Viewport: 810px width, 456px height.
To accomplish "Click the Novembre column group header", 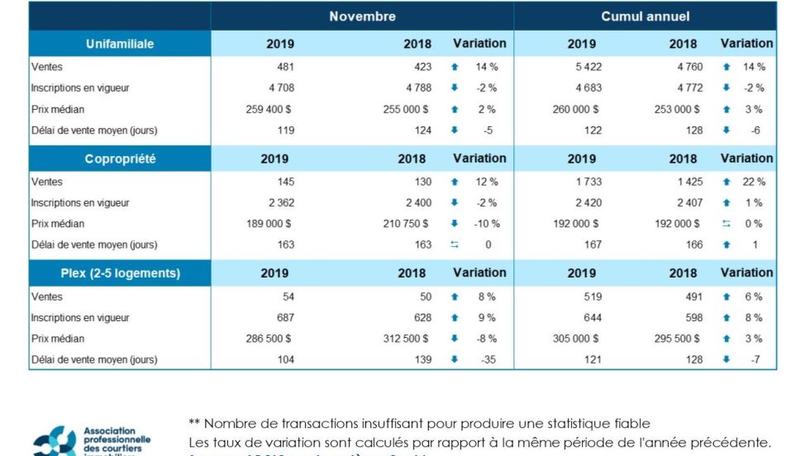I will pos(362,17).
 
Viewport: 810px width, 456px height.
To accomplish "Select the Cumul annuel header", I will pos(646,17).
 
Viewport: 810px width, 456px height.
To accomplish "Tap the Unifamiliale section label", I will pos(120,44).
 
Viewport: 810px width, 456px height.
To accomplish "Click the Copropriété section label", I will pos(120,159).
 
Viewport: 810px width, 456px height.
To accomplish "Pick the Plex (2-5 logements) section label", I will pos(120,273).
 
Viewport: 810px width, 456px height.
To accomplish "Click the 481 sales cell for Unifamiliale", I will pos(283,67).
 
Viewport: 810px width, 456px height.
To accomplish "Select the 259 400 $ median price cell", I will pos(269,109).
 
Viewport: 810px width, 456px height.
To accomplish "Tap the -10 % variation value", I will pos(486,224).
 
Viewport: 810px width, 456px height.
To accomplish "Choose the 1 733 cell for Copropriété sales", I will pos(587,182).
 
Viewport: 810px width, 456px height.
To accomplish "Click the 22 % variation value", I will pos(754,182).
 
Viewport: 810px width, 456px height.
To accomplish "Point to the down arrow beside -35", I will pos(455,359).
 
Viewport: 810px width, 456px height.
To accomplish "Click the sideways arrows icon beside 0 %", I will pos(726,224).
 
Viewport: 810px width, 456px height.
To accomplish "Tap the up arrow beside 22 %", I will pos(726,182).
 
